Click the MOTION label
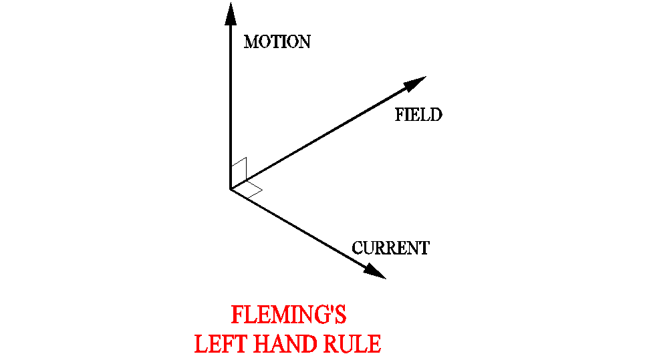277,42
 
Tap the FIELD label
418,115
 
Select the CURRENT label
390,248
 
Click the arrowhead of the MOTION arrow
231,13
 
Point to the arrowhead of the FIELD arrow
414,82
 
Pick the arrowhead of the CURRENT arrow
376,271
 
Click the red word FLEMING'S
288,315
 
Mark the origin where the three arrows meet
231,189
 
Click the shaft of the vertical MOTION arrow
231,107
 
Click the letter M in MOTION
251,42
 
